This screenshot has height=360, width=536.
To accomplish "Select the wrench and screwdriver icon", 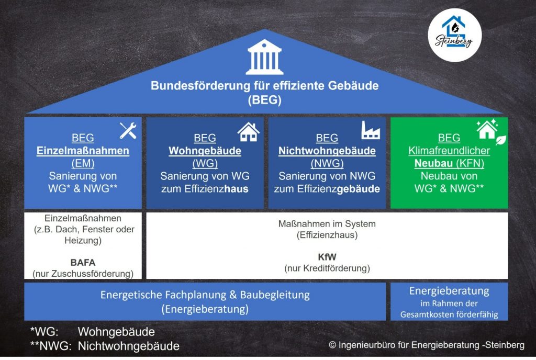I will (128, 130).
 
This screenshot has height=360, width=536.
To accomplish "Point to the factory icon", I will (371, 130).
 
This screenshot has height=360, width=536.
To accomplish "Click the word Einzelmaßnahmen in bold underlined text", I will (83, 151).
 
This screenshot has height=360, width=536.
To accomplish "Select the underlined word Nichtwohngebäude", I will (327, 151).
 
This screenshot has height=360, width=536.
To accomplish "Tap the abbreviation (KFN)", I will (470, 163).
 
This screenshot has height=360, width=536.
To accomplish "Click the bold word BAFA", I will (83, 262).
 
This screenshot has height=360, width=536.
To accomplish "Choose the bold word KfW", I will (327, 257).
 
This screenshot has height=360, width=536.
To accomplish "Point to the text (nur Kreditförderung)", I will (327, 269).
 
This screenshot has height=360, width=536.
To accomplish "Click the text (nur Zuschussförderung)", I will (83, 273).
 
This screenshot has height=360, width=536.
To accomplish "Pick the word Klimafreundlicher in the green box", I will (449, 151).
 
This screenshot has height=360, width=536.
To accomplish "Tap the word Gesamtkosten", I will (425, 314).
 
